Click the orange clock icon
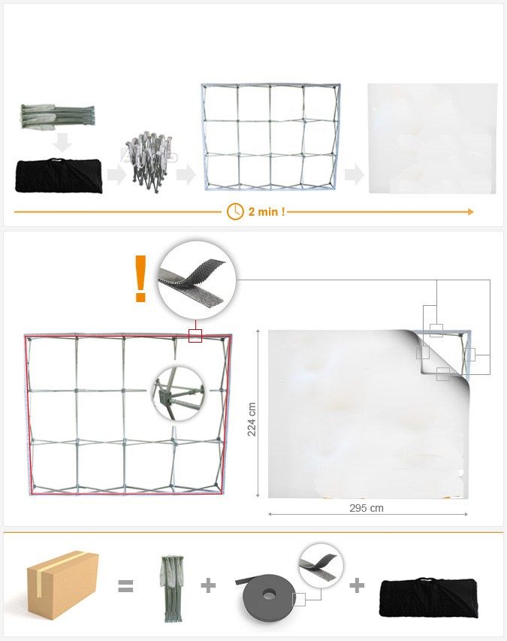(235, 211)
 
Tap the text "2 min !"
(267, 212)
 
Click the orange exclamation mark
(140, 279)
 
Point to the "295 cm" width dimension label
(367, 508)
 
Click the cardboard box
(62, 584)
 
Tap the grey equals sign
(125, 586)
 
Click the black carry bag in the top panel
(59, 176)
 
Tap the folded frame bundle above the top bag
(59, 116)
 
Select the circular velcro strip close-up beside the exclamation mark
(197, 280)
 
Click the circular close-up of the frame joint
(177, 393)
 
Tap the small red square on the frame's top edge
(195, 335)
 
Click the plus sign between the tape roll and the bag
(357, 585)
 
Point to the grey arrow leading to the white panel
(354, 175)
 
